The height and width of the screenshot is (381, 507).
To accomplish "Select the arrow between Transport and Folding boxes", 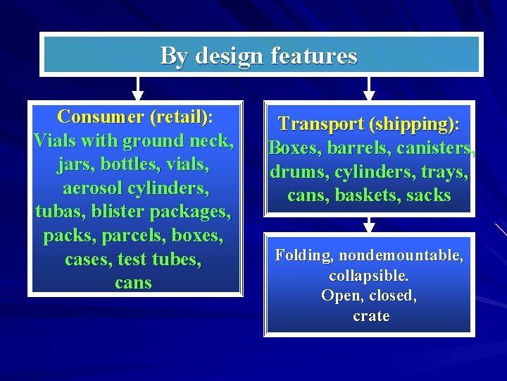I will point(368,224).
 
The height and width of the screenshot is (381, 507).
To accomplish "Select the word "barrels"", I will point(356,148).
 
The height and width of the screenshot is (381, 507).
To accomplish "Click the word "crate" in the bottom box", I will point(371,315).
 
